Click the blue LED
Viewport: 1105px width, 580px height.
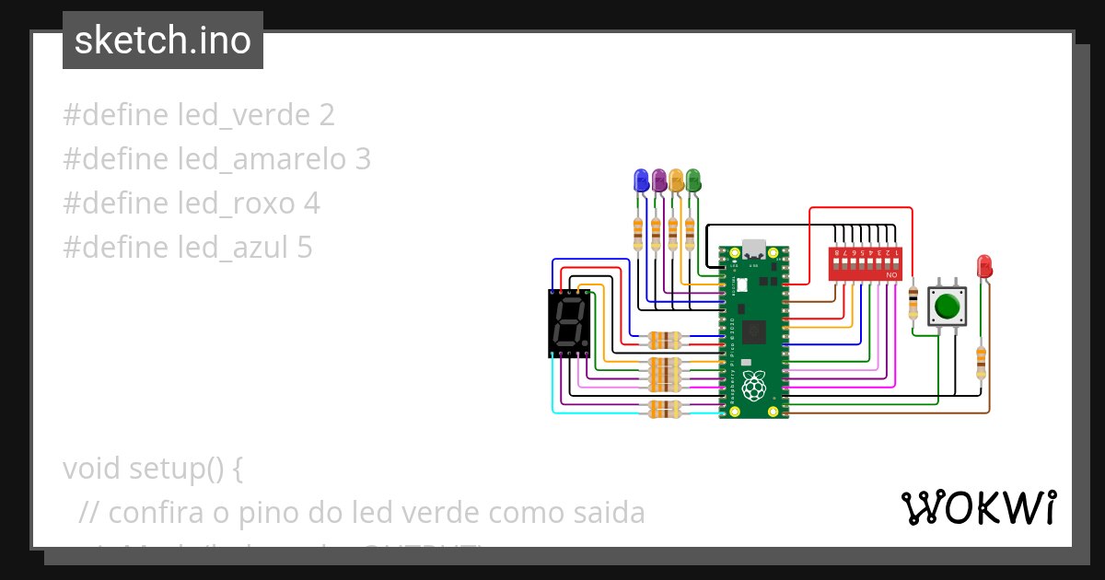click(641, 180)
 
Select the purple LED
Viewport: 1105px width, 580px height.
click(658, 180)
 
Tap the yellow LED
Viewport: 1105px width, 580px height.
click(676, 180)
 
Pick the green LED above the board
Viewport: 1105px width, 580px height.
click(693, 180)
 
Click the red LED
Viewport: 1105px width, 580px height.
click(984, 266)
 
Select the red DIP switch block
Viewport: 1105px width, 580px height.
click(866, 263)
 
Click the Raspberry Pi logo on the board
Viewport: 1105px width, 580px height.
click(754, 387)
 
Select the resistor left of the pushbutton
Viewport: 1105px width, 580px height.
click(913, 301)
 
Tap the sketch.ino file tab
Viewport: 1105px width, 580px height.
click(163, 41)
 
